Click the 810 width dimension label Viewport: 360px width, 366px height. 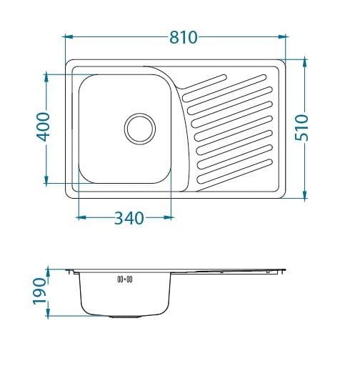(184, 37)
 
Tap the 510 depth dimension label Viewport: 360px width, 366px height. (301, 127)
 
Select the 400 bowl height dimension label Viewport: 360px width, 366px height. (43, 127)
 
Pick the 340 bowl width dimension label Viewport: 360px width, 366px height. (129, 218)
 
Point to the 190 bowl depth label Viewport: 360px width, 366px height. (39, 291)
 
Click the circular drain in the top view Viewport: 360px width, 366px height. (140, 129)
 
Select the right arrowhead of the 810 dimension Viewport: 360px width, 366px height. (282, 36)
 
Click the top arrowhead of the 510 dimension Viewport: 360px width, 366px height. (305, 63)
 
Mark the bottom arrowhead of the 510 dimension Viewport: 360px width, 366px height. (305, 194)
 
